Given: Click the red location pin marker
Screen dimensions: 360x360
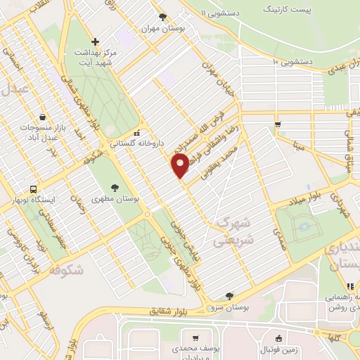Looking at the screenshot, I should [180, 166].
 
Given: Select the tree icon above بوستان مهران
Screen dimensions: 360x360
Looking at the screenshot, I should [163, 17].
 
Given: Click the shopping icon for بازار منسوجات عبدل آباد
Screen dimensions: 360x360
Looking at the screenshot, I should [44, 117].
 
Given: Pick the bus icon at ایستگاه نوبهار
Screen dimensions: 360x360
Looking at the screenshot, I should [32, 189].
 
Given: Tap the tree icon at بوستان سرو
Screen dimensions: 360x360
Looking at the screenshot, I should [229, 296].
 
